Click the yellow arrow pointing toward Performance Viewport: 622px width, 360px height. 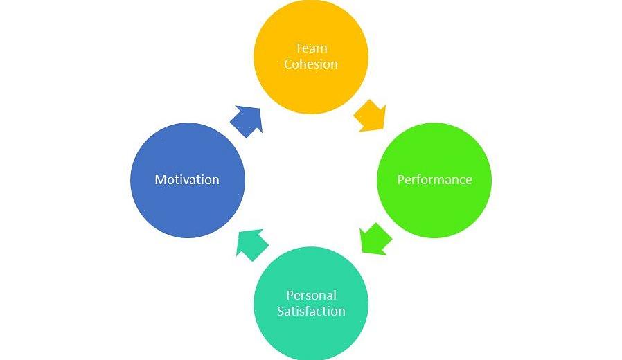(370, 116)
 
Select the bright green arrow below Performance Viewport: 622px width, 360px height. (375, 239)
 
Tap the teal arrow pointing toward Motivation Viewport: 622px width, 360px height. (251, 244)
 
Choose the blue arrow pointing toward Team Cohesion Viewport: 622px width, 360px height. (247, 120)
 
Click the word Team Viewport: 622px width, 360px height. (311, 48)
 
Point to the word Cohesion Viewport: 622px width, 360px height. (311, 64)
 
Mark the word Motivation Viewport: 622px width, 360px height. (187, 180)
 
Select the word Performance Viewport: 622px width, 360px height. (434, 180)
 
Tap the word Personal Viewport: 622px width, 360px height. (311, 296)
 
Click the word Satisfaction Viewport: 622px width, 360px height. (311, 312)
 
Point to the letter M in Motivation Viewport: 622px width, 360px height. (160, 180)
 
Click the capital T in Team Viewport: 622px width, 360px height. (298, 48)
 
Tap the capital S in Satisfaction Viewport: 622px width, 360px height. (281, 312)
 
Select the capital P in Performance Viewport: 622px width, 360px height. (400, 180)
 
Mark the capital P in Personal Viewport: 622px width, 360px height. (290, 296)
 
